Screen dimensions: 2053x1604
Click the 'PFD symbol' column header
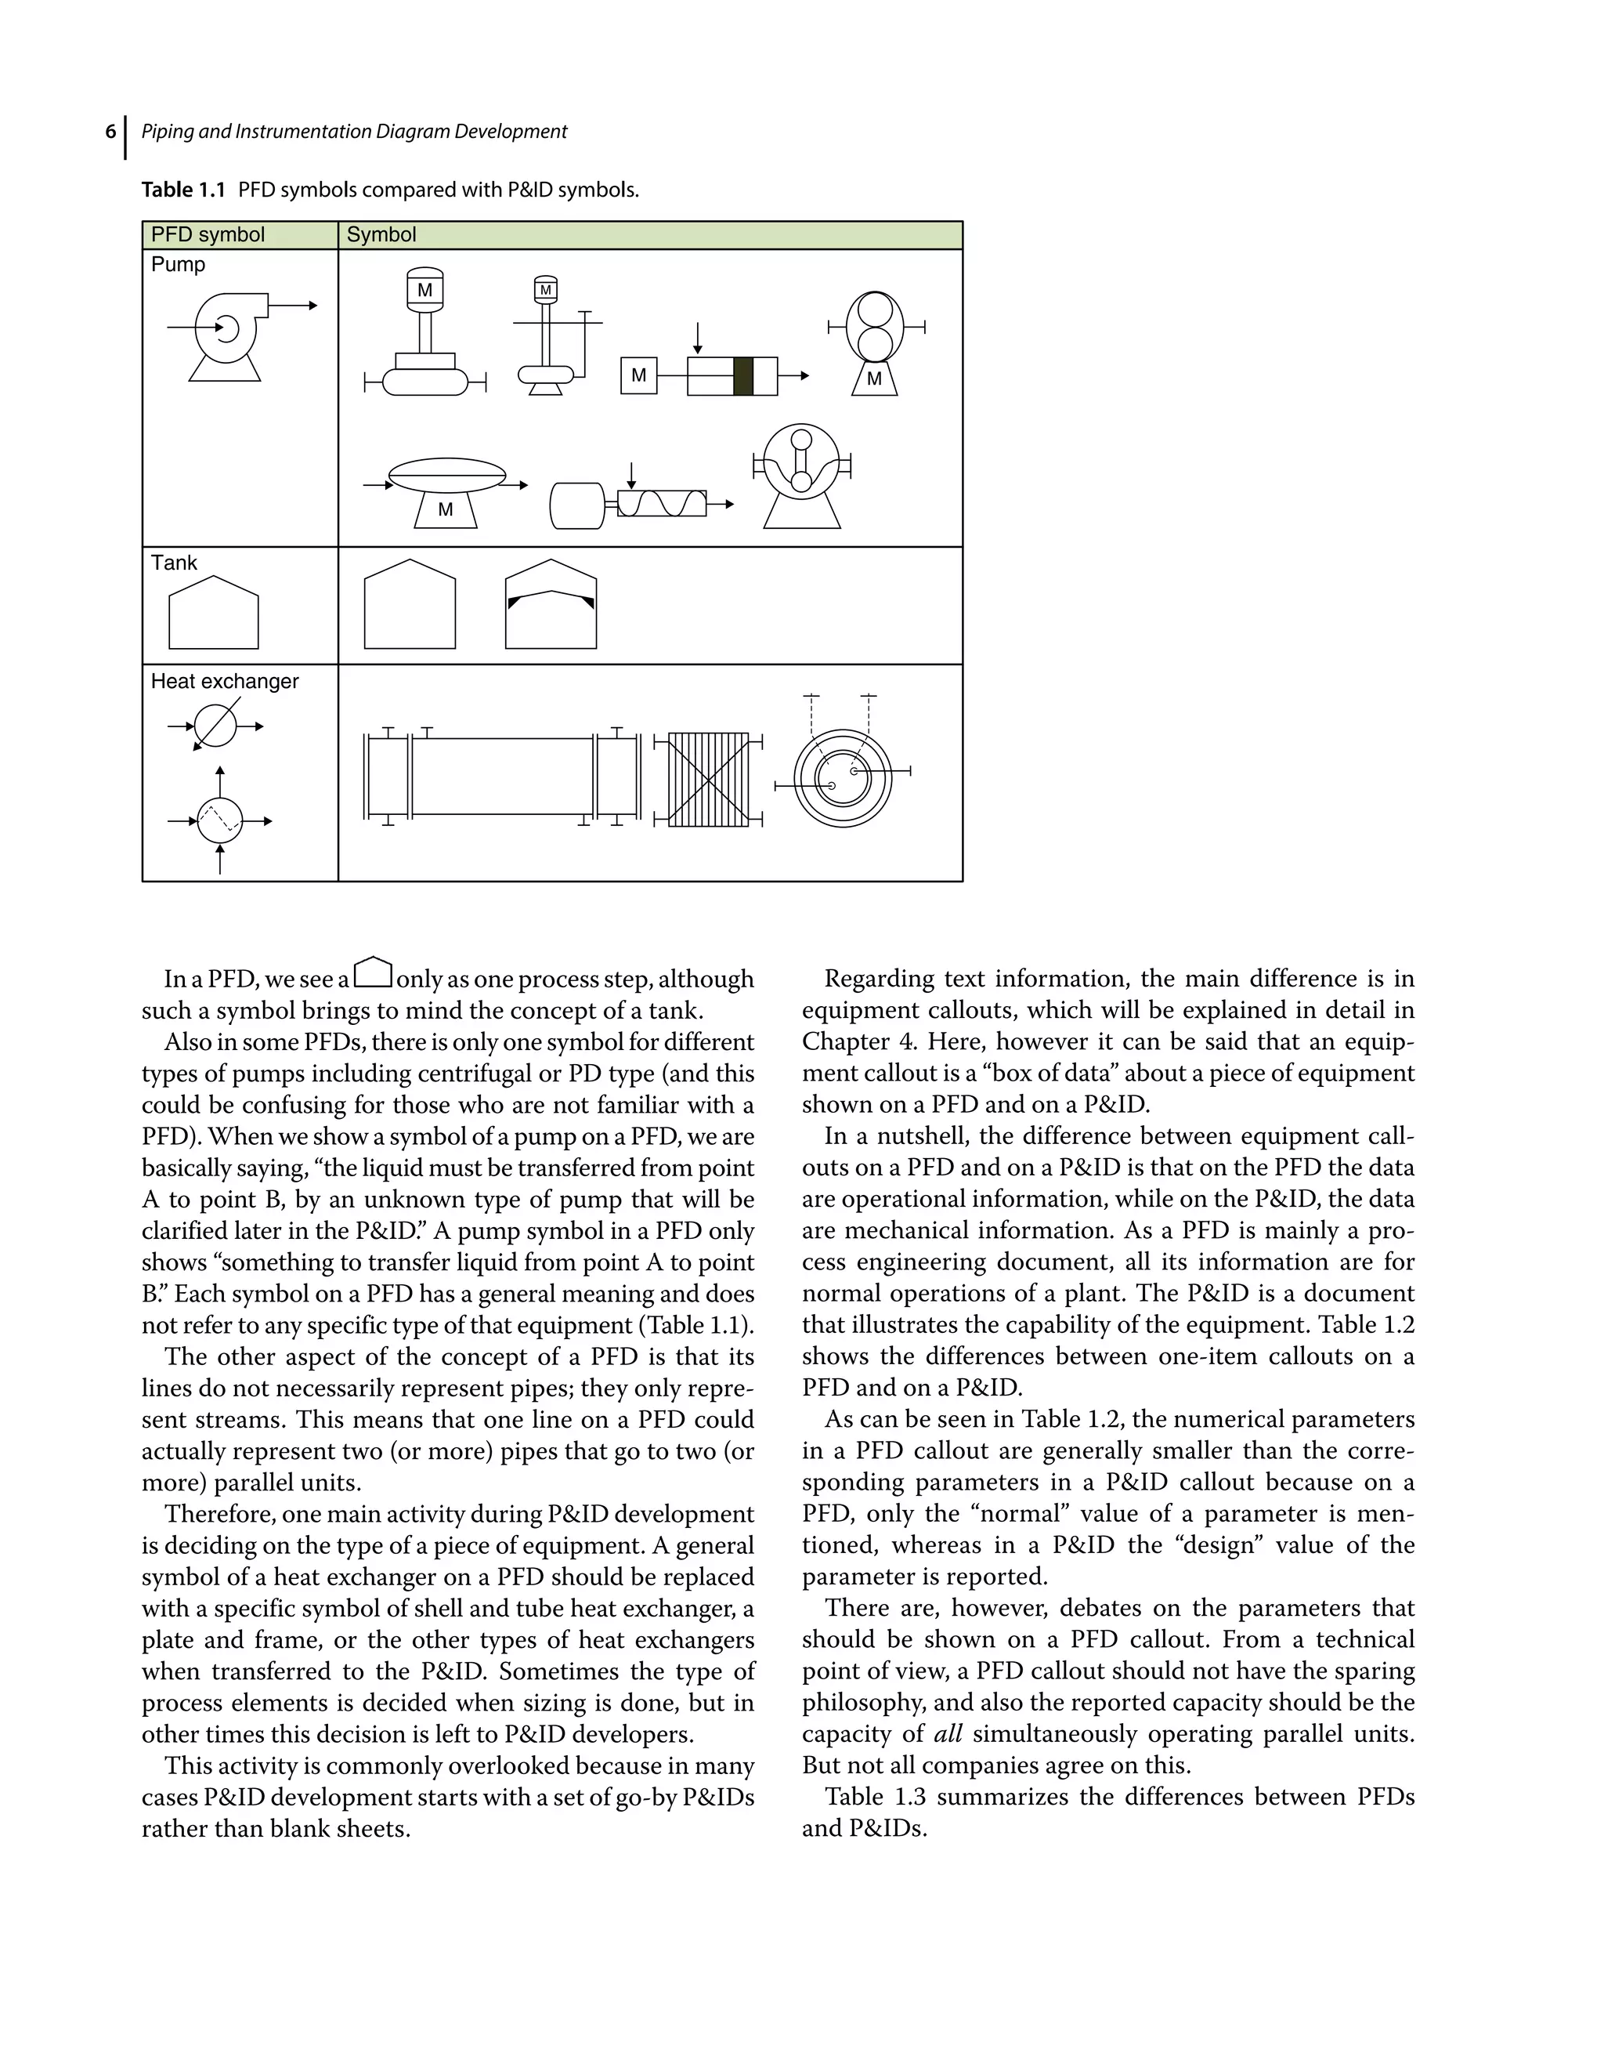(208, 235)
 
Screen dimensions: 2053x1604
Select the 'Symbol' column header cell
(381, 235)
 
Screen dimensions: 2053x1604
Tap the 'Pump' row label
(178, 265)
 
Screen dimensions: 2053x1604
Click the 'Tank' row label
(174, 563)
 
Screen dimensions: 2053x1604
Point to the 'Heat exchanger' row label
(225, 682)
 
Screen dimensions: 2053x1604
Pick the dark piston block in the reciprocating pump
(743, 376)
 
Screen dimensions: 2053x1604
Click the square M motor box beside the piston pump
(639, 376)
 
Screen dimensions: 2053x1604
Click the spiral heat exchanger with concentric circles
(843, 778)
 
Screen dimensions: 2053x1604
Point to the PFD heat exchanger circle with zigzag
(220, 821)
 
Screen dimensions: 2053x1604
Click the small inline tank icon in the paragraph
(374, 973)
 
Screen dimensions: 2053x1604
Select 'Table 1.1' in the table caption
(184, 190)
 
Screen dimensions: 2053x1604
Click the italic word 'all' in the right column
(948, 1734)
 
